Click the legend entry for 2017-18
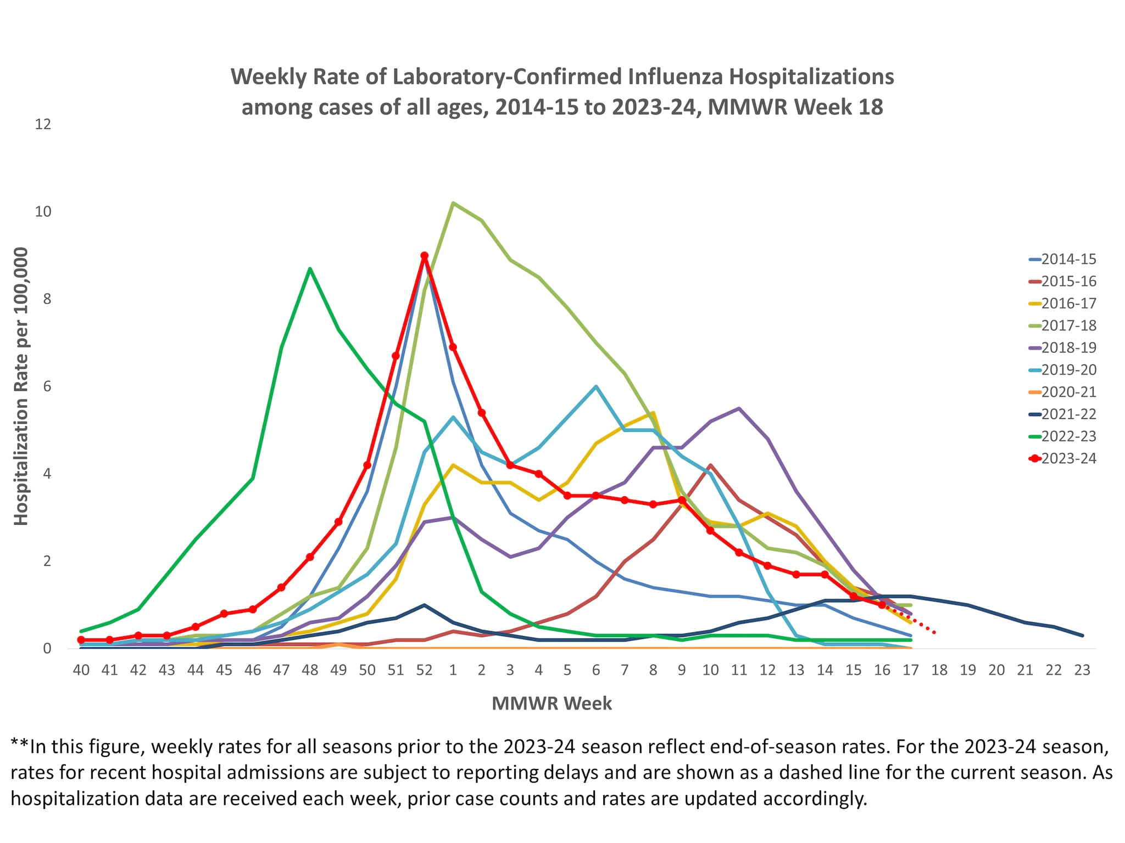1068,325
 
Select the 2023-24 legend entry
1068,458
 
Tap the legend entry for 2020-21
1068,392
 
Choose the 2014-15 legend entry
1068,259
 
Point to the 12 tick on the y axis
43,124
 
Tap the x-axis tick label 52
424,670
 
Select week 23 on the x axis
1082,670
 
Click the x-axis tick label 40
81,670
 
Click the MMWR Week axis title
552,704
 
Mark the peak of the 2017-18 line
453,203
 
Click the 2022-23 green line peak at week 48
310,268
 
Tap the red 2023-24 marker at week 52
424,256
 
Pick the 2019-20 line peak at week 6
596,386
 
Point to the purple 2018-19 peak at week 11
739,408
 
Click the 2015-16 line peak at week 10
710,465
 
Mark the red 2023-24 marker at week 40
81,640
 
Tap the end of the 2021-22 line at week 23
1082,636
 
